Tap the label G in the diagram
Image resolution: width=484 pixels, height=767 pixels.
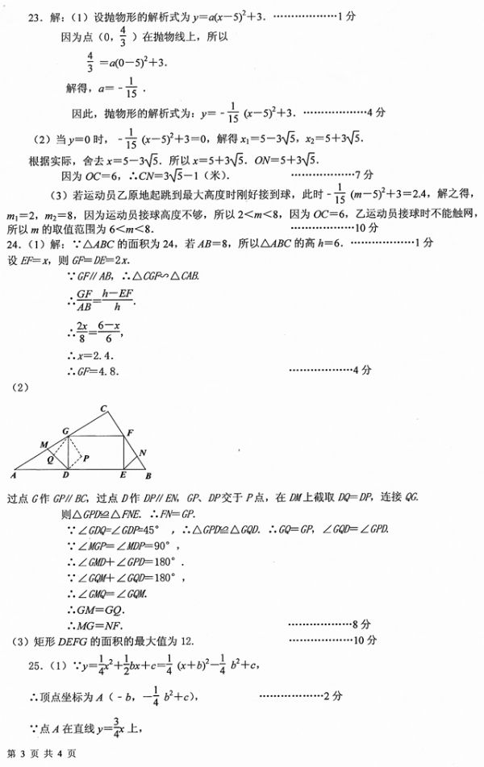(x=64, y=433)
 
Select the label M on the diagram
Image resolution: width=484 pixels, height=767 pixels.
(x=43, y=445)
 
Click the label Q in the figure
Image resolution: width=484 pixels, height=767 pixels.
(x=51, y=462)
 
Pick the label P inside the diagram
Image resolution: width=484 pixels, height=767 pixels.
(x=86, y=457)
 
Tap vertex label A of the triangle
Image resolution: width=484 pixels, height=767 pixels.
(x=15, y=477)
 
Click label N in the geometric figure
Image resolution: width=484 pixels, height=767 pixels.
(x=142, y=452)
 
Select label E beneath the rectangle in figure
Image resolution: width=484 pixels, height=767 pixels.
(x=123, y=477)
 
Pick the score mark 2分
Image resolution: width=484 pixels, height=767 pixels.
(x=335, y=694)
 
